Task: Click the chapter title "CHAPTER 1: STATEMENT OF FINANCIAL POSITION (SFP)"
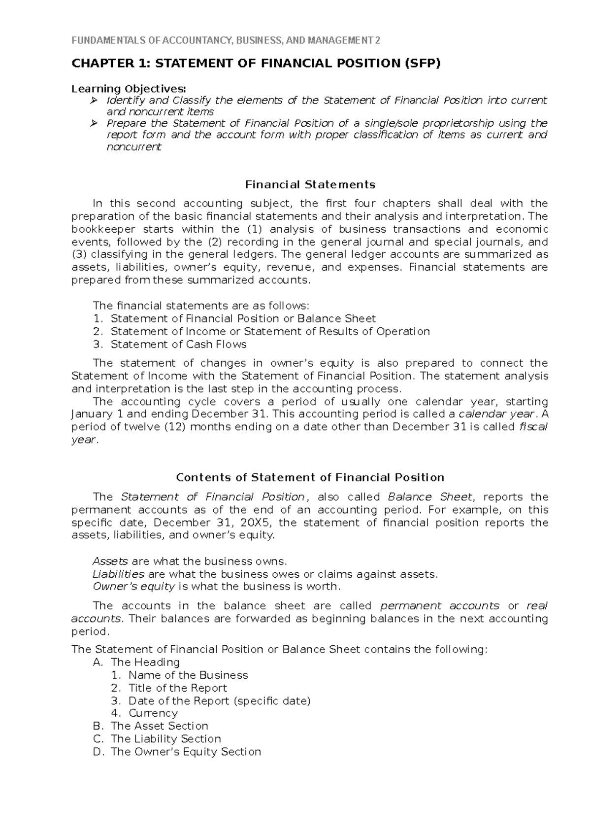(256, 64)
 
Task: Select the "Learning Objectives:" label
(129, 89)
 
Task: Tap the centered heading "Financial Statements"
(310, 185)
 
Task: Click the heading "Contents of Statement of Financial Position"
(310, 478)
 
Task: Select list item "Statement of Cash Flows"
(178, 345)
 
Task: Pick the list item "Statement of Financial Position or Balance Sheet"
(243, 319)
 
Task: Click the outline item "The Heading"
(145, 663)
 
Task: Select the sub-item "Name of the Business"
(188, 675)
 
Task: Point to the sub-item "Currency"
(153, 713)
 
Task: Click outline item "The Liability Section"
(165, 739)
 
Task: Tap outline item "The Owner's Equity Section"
(186, 752)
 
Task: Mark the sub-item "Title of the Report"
(177, 688)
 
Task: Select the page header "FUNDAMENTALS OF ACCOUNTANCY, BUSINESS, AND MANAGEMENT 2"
(226, 40)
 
